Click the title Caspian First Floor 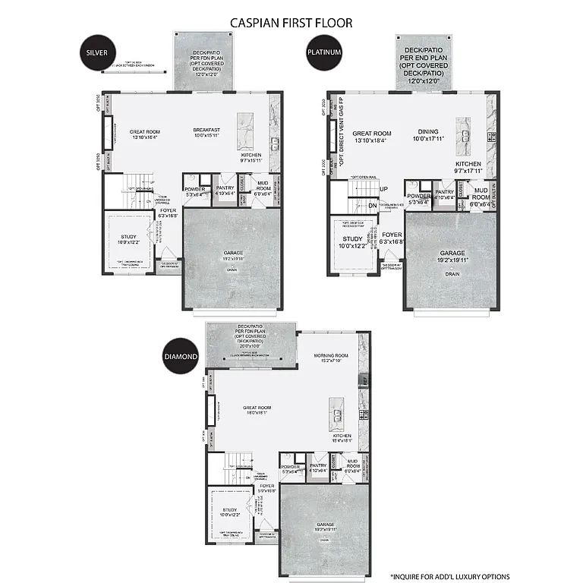291,23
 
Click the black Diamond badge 182,356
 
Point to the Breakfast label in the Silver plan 206,130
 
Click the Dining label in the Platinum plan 428,131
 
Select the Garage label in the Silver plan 233,253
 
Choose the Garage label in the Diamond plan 325,525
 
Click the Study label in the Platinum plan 352,239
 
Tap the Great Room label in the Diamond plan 257,408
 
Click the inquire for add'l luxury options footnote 449,576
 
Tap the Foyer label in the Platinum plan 392,235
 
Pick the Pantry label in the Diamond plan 318,465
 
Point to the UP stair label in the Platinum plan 383,188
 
